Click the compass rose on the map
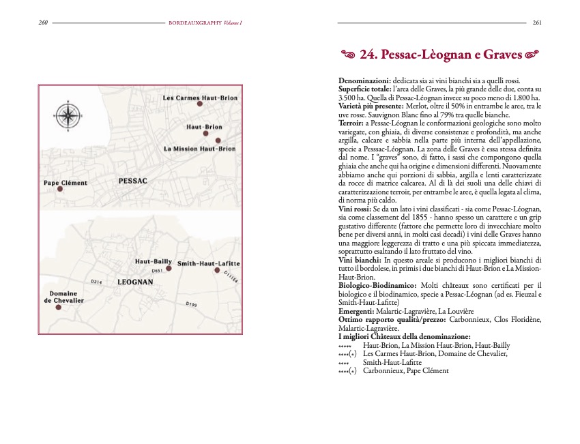tap(68, 113)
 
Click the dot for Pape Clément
tap(60, 190)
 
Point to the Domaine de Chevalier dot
tap(58, 308)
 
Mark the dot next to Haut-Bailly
tap(169, 269)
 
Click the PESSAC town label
tap(133, 182)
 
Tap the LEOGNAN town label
tap(134, 281)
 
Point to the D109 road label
tap(191, 304)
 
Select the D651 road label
tap(156, 271)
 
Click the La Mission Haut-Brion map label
tap(199, 149)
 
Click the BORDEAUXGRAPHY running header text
tap(194, 23)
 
